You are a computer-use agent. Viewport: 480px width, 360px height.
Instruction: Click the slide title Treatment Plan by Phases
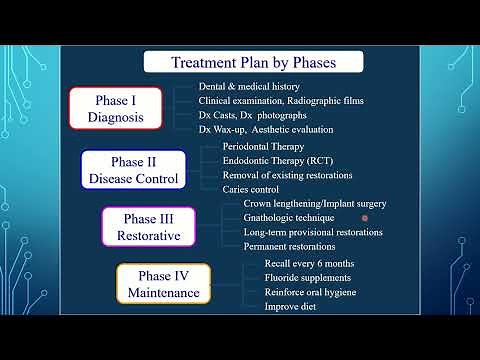pos(253,62)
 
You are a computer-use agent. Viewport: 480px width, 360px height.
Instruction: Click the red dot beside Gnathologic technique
pos(365,218)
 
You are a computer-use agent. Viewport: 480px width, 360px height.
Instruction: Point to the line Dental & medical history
pos(255,87)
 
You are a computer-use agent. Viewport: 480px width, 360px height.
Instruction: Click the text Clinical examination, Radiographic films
pos(280,101)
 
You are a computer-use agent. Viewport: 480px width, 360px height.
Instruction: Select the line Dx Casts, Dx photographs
pos(254,115)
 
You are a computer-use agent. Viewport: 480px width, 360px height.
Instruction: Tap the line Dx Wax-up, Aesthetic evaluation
pos(265,129)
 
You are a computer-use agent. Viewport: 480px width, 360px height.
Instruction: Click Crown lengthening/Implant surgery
pos(314,204)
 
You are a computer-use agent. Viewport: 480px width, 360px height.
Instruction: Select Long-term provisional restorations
pos(313,232)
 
